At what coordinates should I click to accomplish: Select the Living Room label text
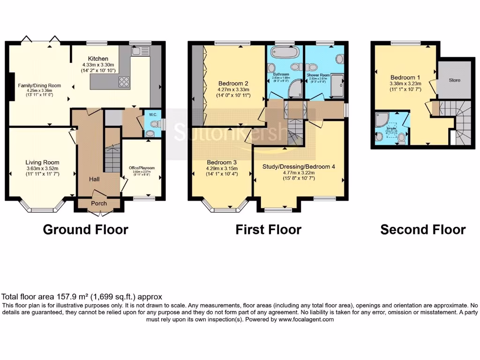click(x=42, y=163)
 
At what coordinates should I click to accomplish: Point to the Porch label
click(x=98, y=203)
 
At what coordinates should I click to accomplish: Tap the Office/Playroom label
click(x=142, y=168)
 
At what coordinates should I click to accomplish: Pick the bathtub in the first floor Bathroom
click(x=283, y=53)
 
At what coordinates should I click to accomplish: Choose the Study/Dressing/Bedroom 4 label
click(x=300, y=166)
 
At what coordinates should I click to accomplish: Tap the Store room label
click(x=455, y=80)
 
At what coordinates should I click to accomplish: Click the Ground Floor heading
click(x=85, y=230)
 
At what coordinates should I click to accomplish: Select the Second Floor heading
click(x=423, y=230)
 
